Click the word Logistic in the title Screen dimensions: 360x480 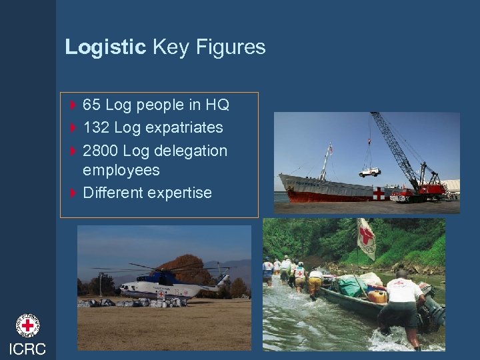point(105,47)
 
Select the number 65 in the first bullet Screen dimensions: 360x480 point(92,105)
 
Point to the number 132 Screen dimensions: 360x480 point(97,127)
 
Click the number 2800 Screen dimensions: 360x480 point(101,151)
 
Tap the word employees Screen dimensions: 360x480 point(121,170)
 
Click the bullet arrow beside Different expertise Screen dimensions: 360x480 point(73,193)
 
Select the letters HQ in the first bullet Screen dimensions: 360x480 point(217,105)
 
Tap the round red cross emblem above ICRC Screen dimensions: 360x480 point(28,325)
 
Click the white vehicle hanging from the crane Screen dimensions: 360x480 point(369,172)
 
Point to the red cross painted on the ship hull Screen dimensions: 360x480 point(379,193)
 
